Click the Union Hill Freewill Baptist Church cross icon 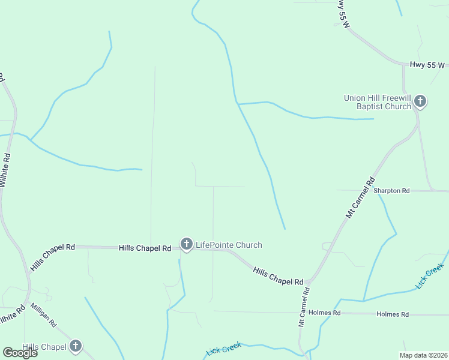(420, 101)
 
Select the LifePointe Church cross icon (186, 244)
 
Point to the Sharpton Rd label (391, 190)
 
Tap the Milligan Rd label (44, 314)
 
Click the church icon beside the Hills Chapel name (75, 346)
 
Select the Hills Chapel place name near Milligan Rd (44, 347)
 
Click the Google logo (20, 352)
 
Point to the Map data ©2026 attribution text (423, 355)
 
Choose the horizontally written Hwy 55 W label (427, 65)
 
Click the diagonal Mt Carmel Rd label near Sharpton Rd (360, 197)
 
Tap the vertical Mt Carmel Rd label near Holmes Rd (304, 307)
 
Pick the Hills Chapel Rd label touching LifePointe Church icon (145, 248)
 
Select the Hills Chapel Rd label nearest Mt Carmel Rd (278, 277)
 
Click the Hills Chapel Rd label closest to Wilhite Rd (53, 256)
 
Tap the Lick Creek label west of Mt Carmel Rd (223, 349)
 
